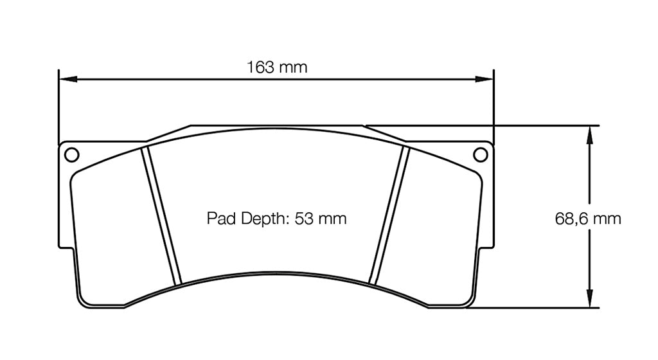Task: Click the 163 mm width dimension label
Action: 277,67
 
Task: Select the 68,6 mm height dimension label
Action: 588,219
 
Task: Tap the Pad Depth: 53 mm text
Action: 276,219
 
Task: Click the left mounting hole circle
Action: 71,154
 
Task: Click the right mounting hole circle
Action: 479,154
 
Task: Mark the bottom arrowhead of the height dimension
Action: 589,300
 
